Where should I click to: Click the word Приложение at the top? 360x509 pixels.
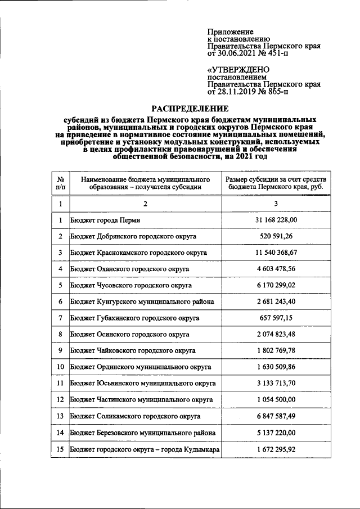231,32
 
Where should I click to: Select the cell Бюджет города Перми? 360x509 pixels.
105,220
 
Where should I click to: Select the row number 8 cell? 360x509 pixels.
60,335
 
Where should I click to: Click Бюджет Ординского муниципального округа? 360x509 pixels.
141,367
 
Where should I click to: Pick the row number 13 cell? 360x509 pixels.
60,416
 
